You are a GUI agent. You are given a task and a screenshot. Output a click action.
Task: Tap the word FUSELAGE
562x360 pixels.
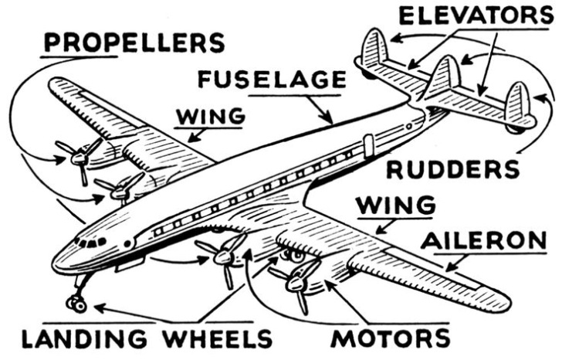coord(271,80)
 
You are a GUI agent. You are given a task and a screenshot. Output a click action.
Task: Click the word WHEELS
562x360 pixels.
coord(218,338)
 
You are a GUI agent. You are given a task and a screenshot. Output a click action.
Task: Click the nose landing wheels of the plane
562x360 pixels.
coord(77,304)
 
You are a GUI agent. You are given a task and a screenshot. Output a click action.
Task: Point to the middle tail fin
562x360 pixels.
coord(443,77)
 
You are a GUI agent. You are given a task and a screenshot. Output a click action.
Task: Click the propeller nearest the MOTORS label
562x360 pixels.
coord(297,277)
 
